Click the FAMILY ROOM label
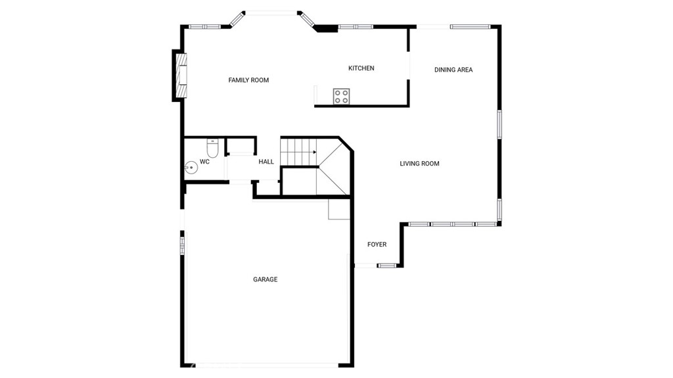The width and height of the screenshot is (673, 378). (248, 80)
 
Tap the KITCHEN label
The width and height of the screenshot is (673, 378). (361, 68)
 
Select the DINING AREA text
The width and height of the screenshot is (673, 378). (453, 70)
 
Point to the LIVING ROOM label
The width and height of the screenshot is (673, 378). (419, 163)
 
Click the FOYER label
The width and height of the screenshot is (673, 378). (377, 245)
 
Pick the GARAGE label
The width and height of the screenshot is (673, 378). (266, 279)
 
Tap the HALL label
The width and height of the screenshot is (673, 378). (266, 162)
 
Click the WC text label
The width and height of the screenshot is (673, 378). (204, 162)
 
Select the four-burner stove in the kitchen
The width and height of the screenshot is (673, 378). (341, 96)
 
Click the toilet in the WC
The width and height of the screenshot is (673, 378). (212, 148)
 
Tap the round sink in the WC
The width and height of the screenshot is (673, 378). (191, 168)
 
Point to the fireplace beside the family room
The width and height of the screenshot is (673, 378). (182, 75)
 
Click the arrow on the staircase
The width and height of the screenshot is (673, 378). (308, 152)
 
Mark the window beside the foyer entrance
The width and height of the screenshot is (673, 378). (386, 266)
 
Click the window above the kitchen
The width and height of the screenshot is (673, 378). (356, 27)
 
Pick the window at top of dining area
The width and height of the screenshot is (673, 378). (470, 27)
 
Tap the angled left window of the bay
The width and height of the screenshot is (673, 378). (237, 19)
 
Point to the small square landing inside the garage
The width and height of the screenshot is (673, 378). (339, 209)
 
